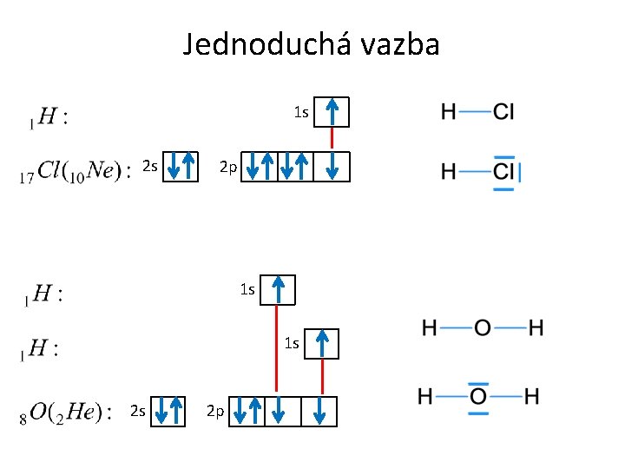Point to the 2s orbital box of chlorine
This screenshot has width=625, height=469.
(x=182, y=165)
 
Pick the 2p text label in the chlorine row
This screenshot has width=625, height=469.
(x=227, y=166)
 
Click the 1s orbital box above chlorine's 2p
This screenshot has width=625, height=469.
(x=332, y=112)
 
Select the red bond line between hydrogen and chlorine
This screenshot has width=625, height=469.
(x=332, y=139)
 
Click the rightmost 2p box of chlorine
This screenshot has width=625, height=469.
(x=332, y=166)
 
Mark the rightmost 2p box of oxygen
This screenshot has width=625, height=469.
(x=320, y=412)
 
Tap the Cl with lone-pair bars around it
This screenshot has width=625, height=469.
(x=503, y=171)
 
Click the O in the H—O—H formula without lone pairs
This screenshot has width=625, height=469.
(x=482, y=328)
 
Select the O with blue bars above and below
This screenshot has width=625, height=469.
(x=478, y=397)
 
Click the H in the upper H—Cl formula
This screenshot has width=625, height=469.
(x=449, y=111)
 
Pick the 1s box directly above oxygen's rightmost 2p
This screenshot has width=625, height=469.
(x=322, y=344)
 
